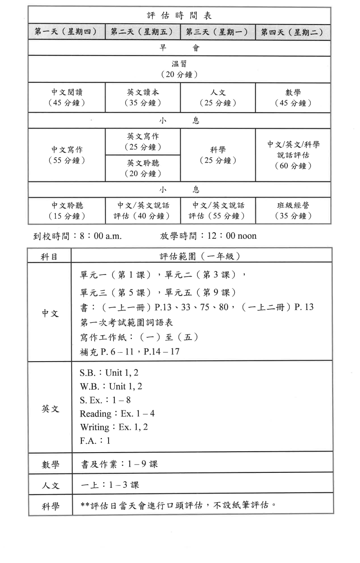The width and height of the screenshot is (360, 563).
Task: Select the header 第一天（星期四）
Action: click(x=66, y=33)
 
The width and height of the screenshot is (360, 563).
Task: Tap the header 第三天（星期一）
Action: click(x=218, y=33)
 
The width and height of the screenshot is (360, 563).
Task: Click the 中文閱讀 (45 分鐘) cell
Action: click(x=66, y=98)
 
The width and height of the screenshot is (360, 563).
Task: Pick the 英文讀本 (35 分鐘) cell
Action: click(x=142, y=98)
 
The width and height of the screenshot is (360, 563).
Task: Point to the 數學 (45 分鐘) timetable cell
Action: click(x=293, y=98)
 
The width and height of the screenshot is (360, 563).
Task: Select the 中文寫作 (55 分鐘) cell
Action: click(x=66, y=155)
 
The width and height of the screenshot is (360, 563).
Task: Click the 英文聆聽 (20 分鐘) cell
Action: click(x=142, y=168)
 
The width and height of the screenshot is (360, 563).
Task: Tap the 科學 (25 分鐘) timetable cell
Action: click(x=218, y=155)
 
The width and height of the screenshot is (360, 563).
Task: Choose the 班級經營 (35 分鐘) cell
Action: click(x=293, y=211)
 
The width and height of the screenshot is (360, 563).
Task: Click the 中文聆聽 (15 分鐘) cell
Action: click(x=66, y=211)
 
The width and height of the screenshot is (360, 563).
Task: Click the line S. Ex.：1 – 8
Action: click(x=105, y=400)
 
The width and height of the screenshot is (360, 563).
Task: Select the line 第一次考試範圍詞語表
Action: click(x=127, y=322)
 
